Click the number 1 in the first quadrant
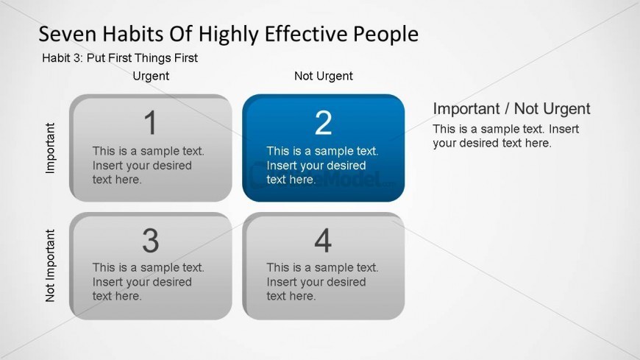click(150, 123)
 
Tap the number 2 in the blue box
click(324, 123)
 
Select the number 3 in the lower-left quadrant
click(150, 241)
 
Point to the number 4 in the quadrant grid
click(323, 241)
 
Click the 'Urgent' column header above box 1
click(151, 76)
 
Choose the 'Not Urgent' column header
click(324, 76)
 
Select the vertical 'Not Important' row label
click(51, 266)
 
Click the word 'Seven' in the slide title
click(65, 34)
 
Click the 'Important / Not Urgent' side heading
click(511, 109)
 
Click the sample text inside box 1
click(148, 165)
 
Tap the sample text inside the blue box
click(322, 165)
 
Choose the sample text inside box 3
click(148, 282)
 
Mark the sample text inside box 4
click(322, 282)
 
